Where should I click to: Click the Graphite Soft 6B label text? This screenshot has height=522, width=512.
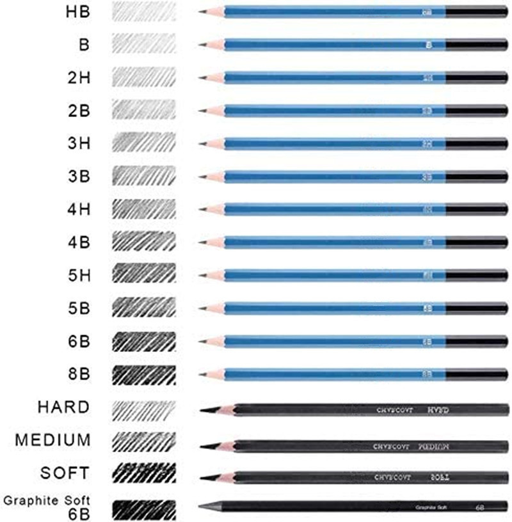(49, 506)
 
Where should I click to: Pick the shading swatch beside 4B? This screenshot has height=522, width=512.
(143, 241)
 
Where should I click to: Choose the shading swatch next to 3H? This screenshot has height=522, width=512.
(143, 143)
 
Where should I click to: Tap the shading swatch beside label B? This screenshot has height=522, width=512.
(143, 44)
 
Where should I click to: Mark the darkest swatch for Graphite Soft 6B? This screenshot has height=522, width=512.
(143, 508)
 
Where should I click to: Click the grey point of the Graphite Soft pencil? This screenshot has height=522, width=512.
(204, 506)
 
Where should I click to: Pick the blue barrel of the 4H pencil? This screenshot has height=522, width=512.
(320, 209)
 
